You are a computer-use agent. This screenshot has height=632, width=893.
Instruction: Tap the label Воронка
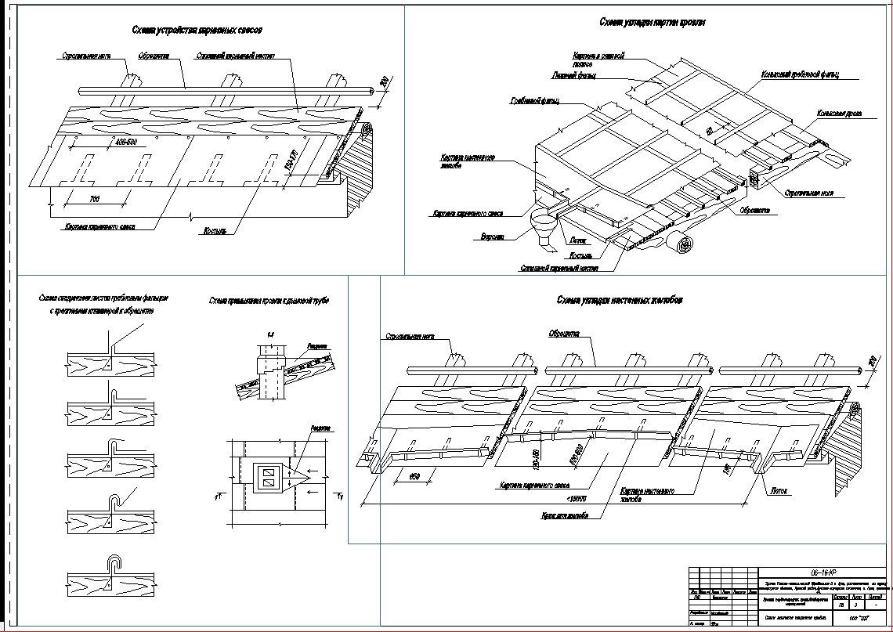point(493,236)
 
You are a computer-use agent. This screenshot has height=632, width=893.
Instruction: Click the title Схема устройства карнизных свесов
point(197,30)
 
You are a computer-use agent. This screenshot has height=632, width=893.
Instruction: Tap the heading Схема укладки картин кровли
point(653,22)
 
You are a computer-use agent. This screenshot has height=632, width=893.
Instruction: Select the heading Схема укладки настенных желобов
point(620,300)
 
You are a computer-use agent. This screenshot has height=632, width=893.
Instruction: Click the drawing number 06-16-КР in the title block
point(825,572)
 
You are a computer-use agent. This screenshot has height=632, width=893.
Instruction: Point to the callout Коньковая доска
point(839,114)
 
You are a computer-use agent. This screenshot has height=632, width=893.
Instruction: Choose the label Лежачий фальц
point(574,76)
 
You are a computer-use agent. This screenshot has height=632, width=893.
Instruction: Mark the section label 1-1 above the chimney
point(270,335)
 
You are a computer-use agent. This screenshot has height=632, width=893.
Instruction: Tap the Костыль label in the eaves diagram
point(215,232)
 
